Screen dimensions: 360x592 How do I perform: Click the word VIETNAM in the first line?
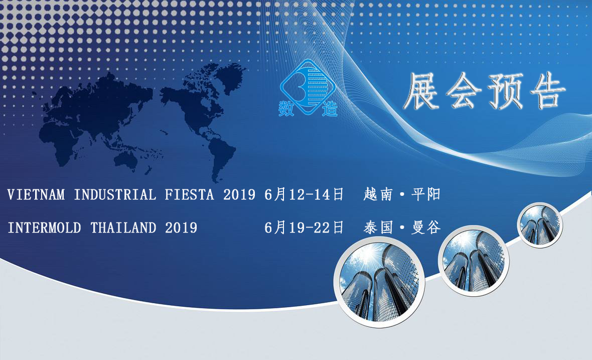(x=36, y=195)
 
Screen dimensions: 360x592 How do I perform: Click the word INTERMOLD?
(x=44, y=227)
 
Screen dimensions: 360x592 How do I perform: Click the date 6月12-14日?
(x=304, y=195)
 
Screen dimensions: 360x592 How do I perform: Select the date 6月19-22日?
(x=304, y=227)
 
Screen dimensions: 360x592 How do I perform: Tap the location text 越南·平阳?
(x=402, y=195)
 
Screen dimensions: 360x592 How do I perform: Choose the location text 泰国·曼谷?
(x=402, y=227)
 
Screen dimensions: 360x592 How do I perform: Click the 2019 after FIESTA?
(x=239, y=195)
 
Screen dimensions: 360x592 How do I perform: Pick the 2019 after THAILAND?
(x=181, y=227)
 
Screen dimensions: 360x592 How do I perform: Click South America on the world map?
(x=221, y=151)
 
